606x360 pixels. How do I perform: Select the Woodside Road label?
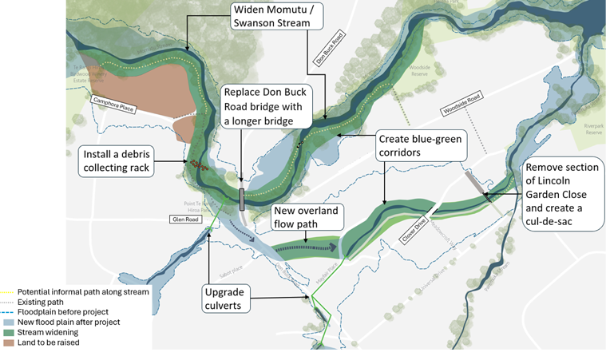point(464,113)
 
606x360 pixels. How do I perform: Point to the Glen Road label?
point(182,218)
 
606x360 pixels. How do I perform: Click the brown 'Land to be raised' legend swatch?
point(8,342)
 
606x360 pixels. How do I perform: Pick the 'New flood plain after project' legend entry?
point(64,322)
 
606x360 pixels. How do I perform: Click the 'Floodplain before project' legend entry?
point(60,312)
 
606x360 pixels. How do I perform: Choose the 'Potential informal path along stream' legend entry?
point(80,292)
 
